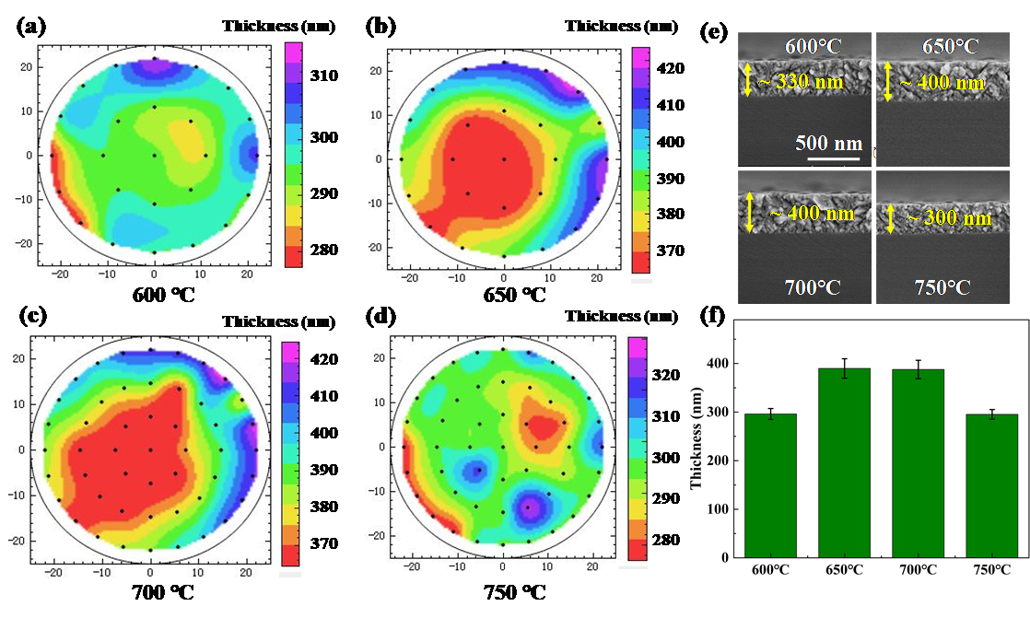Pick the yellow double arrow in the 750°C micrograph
click(891, 219)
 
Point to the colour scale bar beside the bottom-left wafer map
click(289, 452)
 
